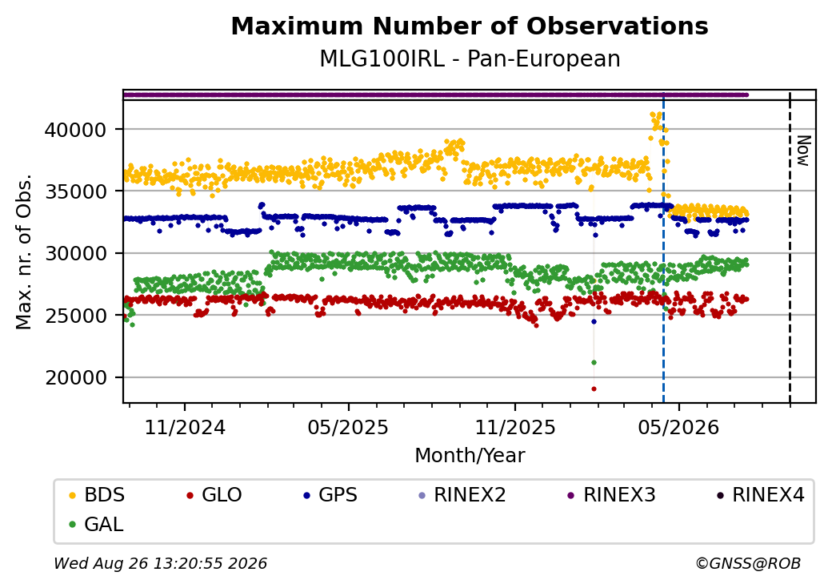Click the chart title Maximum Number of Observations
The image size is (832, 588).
pyautogui.click(x=470, y=26)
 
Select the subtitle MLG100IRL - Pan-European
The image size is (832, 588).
pyautogui.click(x=470, y=59)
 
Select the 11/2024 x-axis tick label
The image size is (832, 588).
pyautogui.click(x=185, y=427)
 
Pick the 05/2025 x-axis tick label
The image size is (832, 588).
pyautogui.click(x=348, y=427)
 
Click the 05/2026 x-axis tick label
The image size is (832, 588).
pyautogui.click(x=678, y=427)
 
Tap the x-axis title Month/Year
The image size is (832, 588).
pyautogui.click(x=470, y=455)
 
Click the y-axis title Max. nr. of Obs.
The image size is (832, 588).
pyautogui.click(x=24, y=252)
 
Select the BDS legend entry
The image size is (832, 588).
pyautogui.click(x=98, y=495)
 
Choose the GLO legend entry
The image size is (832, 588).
pyautogui.click(x=214, y=495)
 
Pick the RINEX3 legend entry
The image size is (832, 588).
pyautogui.click(x=612, y=495)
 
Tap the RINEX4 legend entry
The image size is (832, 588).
pyautogui.click(x=760, y=495)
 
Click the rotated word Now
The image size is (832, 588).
pyautogui.click(x=803, y=151)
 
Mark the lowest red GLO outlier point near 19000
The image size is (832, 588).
pyautogui.click(x=594, y=389)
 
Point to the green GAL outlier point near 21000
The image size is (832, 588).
pyautogui.click(x=594, y=362)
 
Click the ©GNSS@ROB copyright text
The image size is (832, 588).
pyautogui.click(x=748, y=563)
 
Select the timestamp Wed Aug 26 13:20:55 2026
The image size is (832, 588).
pyautogui.click(x=160, y=563)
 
